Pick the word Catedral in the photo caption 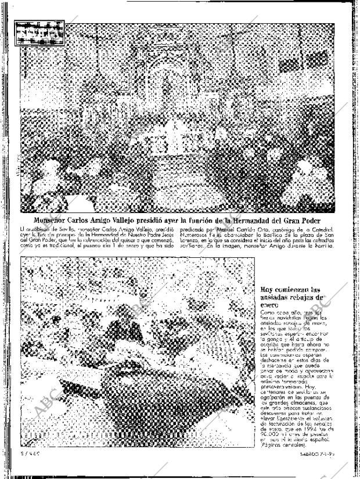[323, 229]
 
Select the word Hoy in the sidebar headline [267, 290]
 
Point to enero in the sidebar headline [270, 304]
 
